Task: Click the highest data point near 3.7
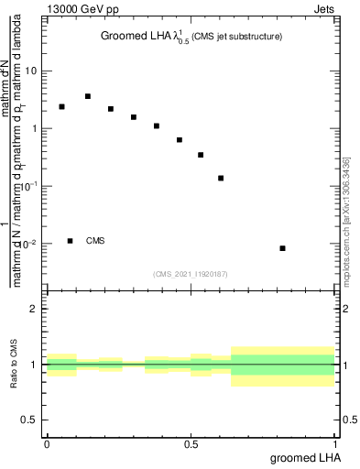(x=88, y=96)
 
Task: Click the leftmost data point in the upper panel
(x=61, y=107)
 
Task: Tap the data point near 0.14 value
(x=221, y=178)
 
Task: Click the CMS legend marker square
(x=71, y=241)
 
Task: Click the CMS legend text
(x=95, y=241)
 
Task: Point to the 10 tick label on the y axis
(x=31, y=71)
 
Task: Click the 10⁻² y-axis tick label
(x=29, y=244)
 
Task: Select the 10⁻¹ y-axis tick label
(x=29, y=186)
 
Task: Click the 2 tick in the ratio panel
(x=35, y=309)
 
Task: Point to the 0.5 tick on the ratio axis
(x=30, y=420)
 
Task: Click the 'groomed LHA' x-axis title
(x=305, y=457)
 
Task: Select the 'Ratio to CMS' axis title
(x=16, y=365)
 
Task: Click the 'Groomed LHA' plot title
(x=191, y=37)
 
